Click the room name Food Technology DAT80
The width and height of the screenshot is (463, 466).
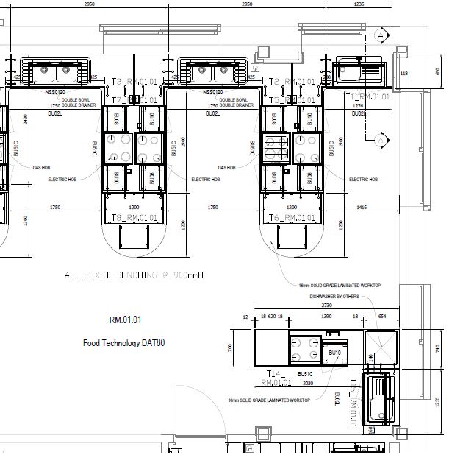(123, 343)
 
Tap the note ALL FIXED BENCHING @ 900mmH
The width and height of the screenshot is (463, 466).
(134, 275)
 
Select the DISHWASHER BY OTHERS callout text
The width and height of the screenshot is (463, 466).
(334, 297)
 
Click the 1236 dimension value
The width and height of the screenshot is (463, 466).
(359, 4)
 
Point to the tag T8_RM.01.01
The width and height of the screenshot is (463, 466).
(133, 218)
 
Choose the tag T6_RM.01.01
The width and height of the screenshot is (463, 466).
(292, 218)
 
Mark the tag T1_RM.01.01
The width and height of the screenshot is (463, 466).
(367, 96)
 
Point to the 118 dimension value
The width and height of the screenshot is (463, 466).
(404, 73)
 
